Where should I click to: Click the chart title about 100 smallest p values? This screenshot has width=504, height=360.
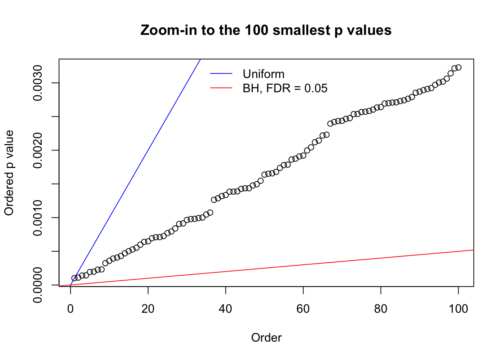[266, 30]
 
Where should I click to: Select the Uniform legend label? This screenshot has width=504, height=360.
[263, 74]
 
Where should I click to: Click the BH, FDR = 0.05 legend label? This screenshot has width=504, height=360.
[285, 88]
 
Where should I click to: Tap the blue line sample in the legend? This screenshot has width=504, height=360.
[221, 73]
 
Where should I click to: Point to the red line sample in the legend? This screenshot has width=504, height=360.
[221, 88]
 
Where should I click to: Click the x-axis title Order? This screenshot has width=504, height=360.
[266, 338]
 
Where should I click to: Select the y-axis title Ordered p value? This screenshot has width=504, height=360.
[9, 173]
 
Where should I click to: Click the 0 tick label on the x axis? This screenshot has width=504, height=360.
[70, 309]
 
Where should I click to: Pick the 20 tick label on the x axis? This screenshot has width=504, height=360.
[148, 309]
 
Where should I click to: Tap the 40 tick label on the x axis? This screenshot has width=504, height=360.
[226, 309]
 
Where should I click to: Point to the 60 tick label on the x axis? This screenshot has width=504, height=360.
[303, 309]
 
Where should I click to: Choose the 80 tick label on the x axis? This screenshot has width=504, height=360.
[381, 309]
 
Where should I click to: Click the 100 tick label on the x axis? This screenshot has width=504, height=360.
[458, 309]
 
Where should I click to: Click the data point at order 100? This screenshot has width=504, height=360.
[458, 67]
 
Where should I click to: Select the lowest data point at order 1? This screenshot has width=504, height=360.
[74, 278]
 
